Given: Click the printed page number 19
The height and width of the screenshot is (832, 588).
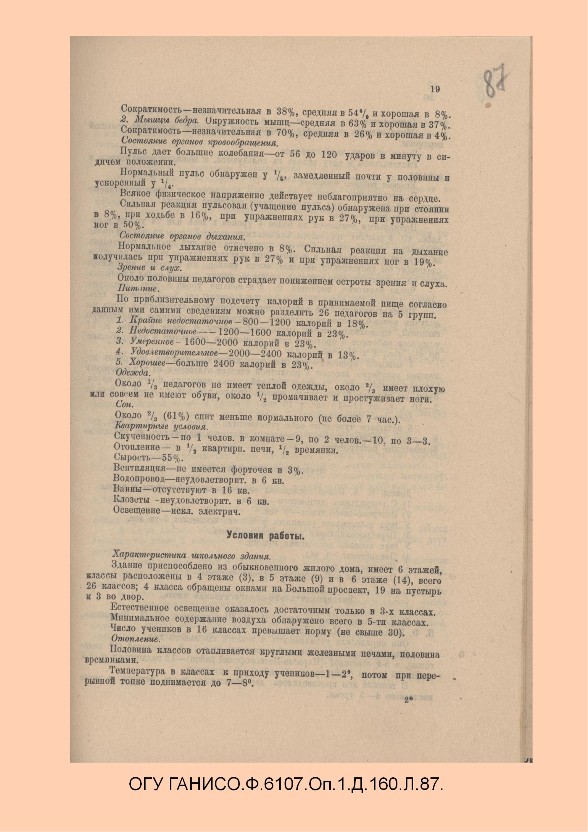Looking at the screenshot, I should pos(435,89).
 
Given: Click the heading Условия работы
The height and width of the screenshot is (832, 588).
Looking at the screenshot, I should pos(265,535).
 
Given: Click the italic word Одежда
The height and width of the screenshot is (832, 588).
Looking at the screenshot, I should pos(132,373).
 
